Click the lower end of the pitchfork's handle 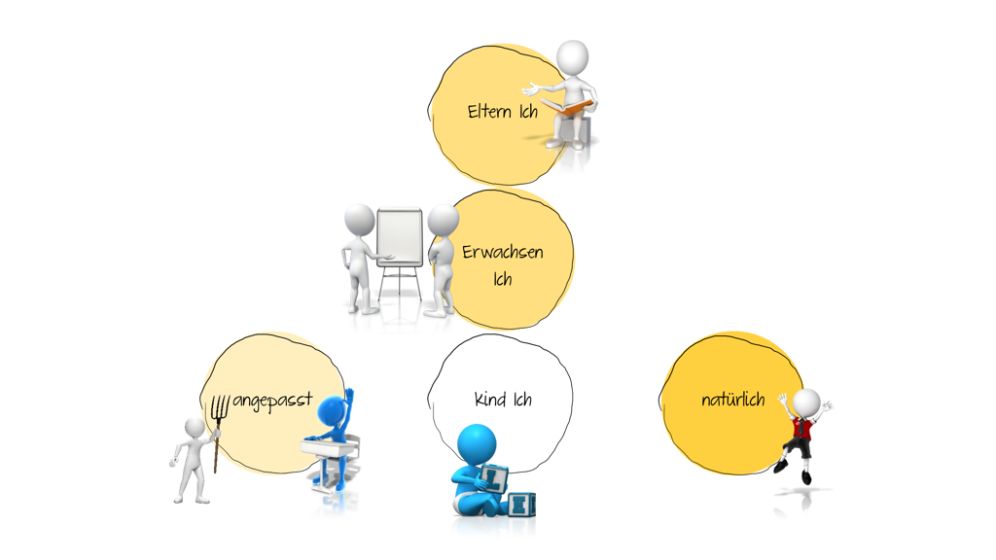coord(215,472)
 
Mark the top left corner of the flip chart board coord(378,211)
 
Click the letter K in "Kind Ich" coord(480,399)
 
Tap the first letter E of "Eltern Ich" coord(473,112)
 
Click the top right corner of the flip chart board coord(420,210)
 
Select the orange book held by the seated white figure coord(568,106)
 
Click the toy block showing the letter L coord(494,478)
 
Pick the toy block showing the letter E coord(521,505)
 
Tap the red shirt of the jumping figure coord(802,429)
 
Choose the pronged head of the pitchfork coord(220,407)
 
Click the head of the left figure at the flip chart coord(359,220)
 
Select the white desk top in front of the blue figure coord(327,447)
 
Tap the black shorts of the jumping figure coord(800,447)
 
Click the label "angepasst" coord(272,400)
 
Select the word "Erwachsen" coord(503,252)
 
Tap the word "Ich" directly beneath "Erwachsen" coord(503,279)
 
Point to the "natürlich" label coord(733,400)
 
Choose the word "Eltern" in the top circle coord(489,112)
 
